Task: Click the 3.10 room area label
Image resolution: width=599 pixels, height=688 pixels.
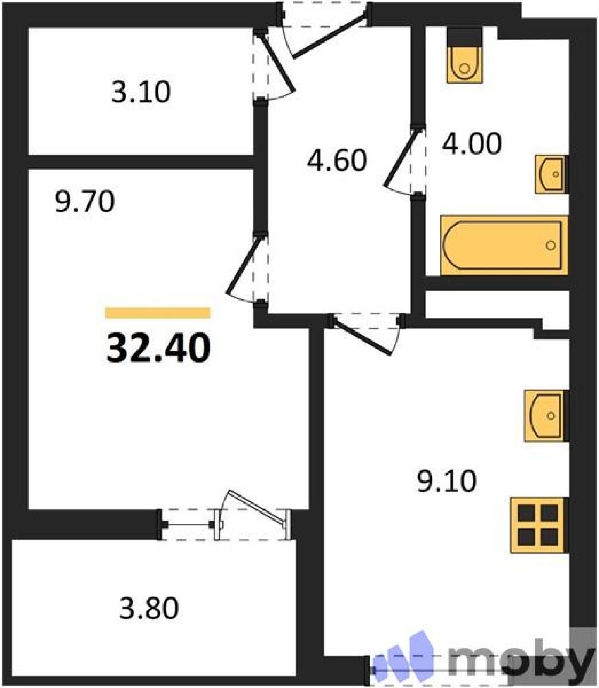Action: pyautogui.click(x=141, y=92)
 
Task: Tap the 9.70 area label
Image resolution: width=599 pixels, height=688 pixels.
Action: pyautogui.click(x=85, y=201)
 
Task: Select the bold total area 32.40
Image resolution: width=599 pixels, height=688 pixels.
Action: pyautogui.click(x=159, y=348)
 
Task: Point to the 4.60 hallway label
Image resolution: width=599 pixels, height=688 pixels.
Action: pyautogui.click(x=337, y=160)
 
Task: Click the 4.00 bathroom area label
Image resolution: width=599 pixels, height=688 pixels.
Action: pyautogui.click(x=472, y=144)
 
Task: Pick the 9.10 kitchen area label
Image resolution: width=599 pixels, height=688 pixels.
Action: pyautogui.click(x=447, y=481)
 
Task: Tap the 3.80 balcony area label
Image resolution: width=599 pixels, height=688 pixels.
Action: pyautogui.click(x=149, y=608)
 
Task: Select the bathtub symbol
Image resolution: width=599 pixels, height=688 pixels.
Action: pyautogui.click(x=504, y=245)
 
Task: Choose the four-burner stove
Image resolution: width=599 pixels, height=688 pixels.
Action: pyautogui.click(x=539, y=525)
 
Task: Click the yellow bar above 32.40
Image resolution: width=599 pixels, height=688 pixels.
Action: pyautogui.click(x=158, y=313)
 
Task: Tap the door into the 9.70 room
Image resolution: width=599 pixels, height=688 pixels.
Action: pyautogui.click(x=244, y=264)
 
